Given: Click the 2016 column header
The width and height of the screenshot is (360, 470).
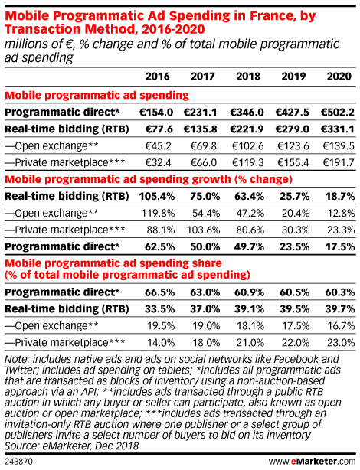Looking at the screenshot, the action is click(x=158, y=76).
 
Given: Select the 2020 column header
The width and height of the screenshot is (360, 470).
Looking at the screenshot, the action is click(x=339, y=76).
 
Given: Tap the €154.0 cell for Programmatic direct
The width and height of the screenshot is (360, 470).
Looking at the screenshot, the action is click(x=156, y=112).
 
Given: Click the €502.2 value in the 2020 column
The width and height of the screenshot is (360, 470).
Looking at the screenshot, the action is click(x=338, y=112).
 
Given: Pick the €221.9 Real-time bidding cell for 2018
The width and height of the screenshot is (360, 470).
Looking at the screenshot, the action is click(x=247, y=129).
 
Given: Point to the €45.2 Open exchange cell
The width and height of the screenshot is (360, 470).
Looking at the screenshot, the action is click(x=158, y=146).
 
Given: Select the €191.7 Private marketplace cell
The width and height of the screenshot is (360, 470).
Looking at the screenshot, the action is click(x=339, y=163).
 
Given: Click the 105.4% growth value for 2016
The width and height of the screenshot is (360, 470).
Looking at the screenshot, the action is click(x=156, y=196).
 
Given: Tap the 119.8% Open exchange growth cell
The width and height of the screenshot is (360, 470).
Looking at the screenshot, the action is click(x=158, y=213).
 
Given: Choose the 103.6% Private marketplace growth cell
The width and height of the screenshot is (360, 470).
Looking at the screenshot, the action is click(x=204, y=230).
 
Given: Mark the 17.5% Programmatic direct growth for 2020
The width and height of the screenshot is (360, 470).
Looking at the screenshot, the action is click(x=340, y=246).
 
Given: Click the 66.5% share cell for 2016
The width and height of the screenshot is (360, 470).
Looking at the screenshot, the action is click(x=159, y=292).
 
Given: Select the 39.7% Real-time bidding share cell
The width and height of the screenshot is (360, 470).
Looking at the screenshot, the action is click(x=340, y=309).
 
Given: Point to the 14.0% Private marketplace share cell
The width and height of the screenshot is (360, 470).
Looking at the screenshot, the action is click(x=161, y=343).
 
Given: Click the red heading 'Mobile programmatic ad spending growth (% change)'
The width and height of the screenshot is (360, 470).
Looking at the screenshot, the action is click(x=149, y=179).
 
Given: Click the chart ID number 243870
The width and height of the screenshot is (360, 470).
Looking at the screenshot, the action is click(x=18, y=461).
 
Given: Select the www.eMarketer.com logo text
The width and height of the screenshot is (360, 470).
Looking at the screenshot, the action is click(x=312, y=461).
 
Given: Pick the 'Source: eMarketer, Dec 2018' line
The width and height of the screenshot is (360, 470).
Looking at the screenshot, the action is click(x=71, y=446).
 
